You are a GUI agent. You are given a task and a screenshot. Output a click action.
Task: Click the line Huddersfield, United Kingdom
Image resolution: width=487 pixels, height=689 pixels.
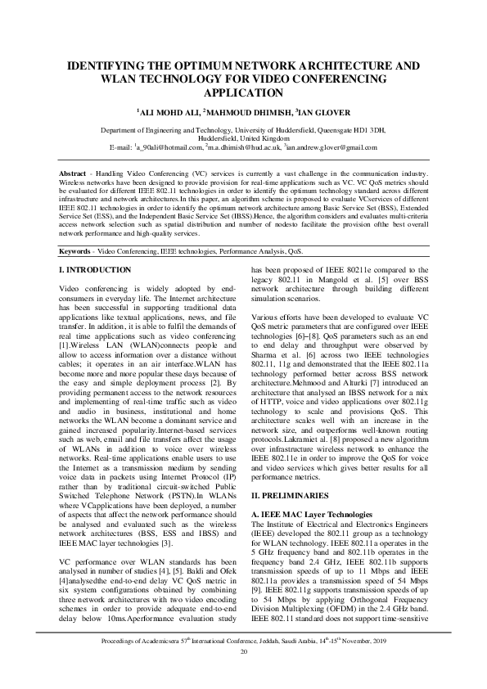[x=243, y=138]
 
